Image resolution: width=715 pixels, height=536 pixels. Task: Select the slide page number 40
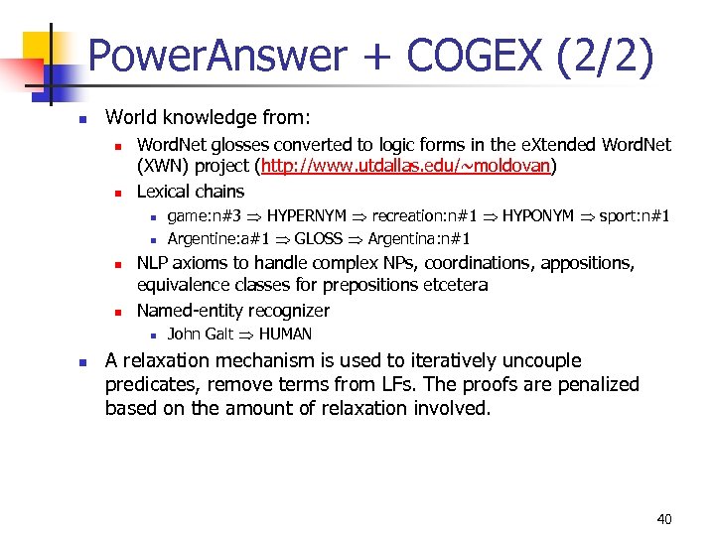click(664, 518)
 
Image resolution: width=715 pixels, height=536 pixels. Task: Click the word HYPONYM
click(537, 215)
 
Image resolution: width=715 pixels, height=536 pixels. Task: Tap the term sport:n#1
click(635, 215)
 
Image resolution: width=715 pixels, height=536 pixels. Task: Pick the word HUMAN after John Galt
click(285, 334)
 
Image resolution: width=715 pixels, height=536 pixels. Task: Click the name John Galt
click(200, 334)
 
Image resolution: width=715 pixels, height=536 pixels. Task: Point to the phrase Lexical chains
click(190, 191)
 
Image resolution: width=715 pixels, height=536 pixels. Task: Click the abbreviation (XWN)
click(162, 167)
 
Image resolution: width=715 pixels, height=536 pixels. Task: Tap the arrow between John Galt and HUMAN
click(245, 335)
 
